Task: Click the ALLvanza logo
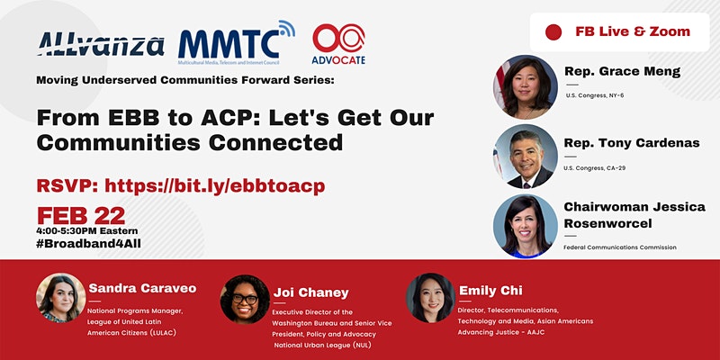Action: tap(100, 44)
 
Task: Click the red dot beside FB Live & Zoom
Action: tap(553, 32)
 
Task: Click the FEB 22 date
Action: tap(81, 215)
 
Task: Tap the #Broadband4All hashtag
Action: tap(89, 243)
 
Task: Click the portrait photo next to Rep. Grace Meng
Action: tap(526, 86)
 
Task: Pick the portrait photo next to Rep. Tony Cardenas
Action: tap(526, 156)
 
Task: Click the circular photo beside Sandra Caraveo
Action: tap(61, 299)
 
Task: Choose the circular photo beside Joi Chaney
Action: tap(245, 299)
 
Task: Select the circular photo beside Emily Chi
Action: tap(429, 299)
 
